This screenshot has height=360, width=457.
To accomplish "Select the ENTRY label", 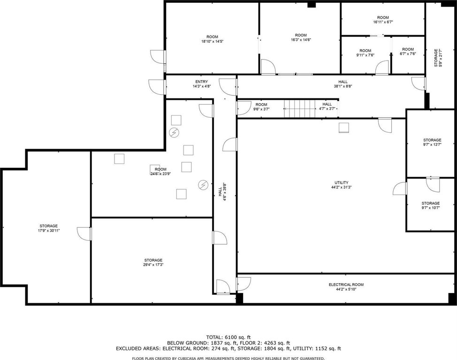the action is click(x=202, y=82).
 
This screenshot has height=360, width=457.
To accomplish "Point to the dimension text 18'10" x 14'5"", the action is click(x=212, y=41).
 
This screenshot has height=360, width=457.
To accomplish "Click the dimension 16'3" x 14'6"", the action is click(x=301, y=40).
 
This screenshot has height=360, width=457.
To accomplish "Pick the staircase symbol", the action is click(x=300, y=109).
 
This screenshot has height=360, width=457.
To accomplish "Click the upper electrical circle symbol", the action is click(x=174, y=133).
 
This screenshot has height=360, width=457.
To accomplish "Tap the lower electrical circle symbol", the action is click(x=203, y=185).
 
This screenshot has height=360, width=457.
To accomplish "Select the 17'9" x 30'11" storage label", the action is click(x=49, y=228).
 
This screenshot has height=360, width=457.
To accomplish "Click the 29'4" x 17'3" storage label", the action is click(x=153, y=262).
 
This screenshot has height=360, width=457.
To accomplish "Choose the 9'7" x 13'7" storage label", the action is click(x=432, y=142).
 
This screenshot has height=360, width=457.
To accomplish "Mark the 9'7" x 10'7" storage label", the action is click(x=430, y=205).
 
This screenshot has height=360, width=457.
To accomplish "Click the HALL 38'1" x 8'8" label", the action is click(x=343, y=84).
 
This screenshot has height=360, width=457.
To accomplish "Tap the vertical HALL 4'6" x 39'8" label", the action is click(x=222, y=192).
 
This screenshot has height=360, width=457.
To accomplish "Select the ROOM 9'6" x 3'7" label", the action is click(x=261, y=107).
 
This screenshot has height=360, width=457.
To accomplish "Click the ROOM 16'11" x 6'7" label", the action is click(x=383, y=20).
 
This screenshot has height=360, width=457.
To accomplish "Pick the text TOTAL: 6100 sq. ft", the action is click(x=228, y=337).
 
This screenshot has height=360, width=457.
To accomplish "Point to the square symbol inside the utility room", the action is click(x=344, y=128).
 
